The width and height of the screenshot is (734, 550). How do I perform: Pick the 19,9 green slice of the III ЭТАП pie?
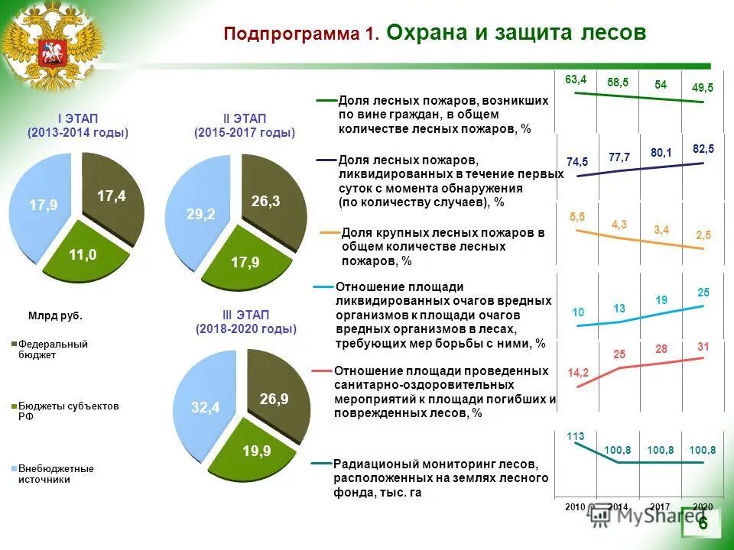256,451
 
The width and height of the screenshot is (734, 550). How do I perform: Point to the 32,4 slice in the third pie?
205,408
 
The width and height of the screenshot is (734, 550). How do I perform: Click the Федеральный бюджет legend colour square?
13,345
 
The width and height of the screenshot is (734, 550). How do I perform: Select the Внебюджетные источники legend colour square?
13,468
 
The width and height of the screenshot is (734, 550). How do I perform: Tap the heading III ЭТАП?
245,315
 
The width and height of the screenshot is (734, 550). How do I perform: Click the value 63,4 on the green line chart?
576,79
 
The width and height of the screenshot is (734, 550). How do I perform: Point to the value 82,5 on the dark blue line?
703,148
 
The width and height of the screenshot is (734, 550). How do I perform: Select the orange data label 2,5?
703,235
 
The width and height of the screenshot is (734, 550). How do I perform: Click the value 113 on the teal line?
576,436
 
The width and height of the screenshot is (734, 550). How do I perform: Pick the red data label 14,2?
578,373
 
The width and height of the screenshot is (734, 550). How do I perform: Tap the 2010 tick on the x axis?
575,507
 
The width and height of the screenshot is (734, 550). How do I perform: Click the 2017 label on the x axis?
661,507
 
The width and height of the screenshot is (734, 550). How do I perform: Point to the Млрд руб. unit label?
55,316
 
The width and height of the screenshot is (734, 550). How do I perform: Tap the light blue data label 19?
661,300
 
